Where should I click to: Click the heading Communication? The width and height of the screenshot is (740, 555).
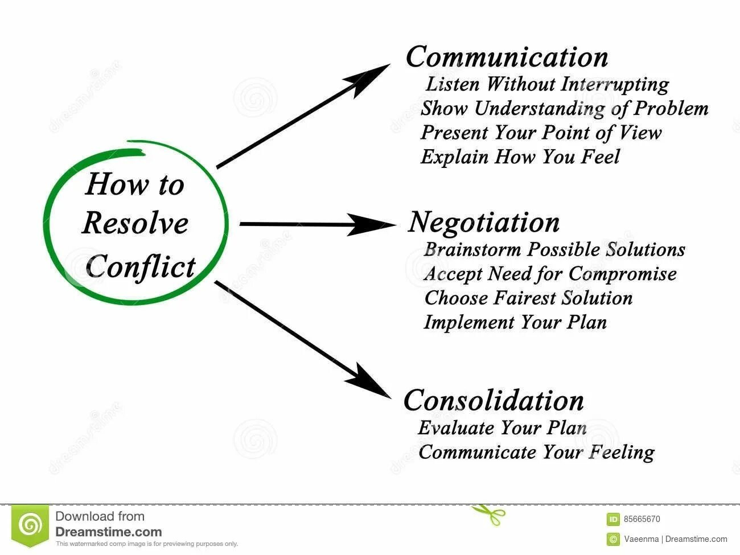[x=507, y=57]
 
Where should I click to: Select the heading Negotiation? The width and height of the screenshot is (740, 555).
[x=484, y=223]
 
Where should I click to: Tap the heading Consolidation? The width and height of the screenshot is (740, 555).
[x=494, y=400]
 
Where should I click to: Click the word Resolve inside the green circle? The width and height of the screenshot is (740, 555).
[x=135, y=223]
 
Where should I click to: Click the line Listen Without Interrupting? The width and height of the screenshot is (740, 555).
[x=547, y=84]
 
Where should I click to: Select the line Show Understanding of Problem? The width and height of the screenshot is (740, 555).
[x=564, y=108]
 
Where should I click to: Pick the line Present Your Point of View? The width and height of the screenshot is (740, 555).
[x=541, y=133]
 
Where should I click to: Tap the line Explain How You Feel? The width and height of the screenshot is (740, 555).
[x=520, y=157]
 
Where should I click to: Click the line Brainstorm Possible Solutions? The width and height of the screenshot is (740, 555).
[x=554, y=249]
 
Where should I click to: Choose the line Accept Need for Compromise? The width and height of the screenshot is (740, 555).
[x=550, y=274]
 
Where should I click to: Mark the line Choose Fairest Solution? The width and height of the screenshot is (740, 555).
[x=528, y=298]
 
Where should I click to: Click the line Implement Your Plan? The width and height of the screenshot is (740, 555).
[x=515, y=322]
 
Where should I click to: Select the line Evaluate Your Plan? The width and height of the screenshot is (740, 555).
[x=502, y=427]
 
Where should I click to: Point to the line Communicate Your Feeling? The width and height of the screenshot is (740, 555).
[x=536, y=452]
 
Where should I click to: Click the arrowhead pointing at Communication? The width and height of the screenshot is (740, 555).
[x=371, y=77]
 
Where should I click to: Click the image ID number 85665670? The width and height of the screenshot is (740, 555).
[x=642, y=519]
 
